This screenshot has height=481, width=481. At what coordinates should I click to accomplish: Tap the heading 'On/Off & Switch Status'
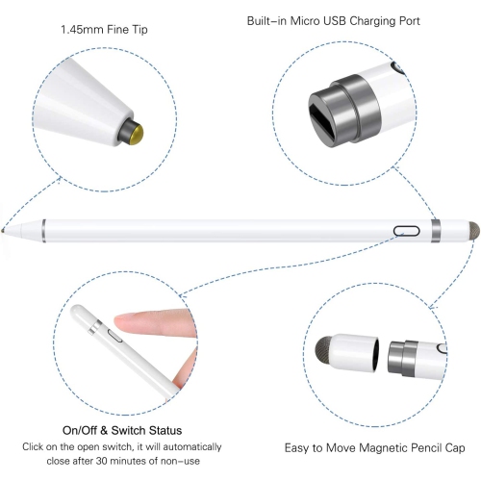(122, 430)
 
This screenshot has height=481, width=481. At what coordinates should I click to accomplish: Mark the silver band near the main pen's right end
(437, 231)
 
